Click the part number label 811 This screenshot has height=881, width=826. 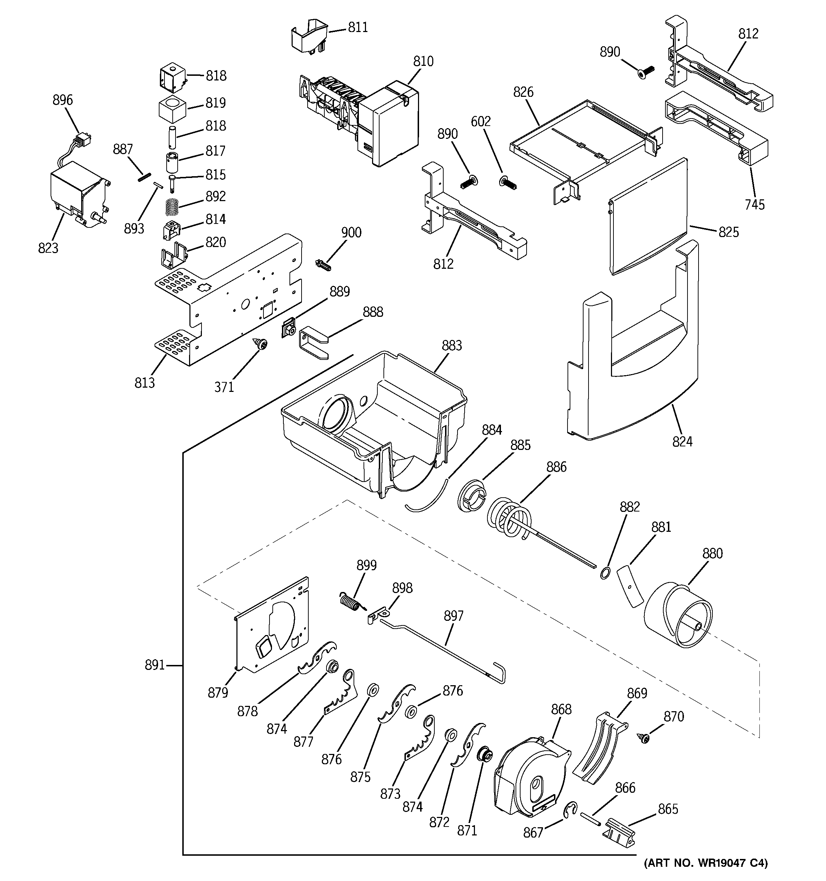point(357,27)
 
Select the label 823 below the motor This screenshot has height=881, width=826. point(48,248)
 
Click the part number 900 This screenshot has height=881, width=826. point(351,233)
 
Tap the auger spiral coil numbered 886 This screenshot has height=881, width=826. point(510,517)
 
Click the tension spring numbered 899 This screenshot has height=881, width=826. point(351,602)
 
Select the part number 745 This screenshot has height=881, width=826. point(754,205)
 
